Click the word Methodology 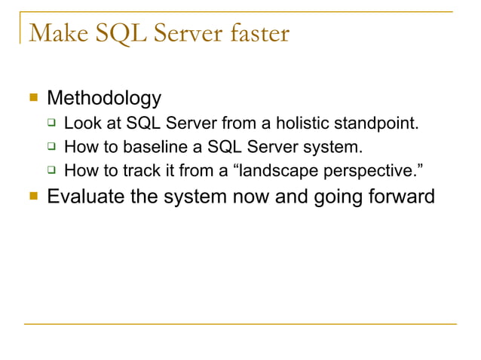point(104,98)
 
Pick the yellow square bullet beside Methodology point(32,98)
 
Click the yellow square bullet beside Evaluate point(32,197)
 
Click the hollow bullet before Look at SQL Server point(51,123)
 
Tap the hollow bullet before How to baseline point(51,146)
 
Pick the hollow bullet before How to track point(51,170)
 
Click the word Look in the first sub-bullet point(81,123)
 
